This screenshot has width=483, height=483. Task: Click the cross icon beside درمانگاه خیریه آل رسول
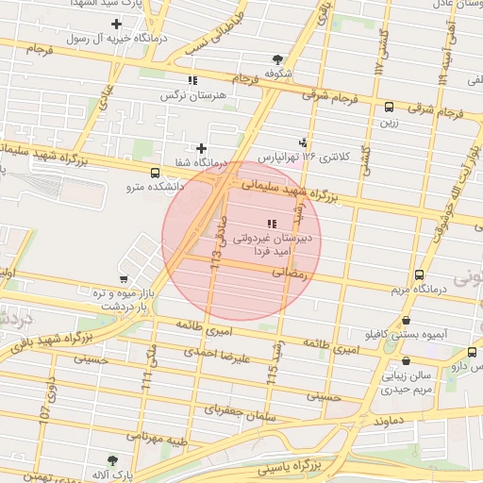point(117,24)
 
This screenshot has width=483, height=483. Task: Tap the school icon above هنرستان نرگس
point(193,81)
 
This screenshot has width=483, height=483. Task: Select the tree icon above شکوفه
point(276,58)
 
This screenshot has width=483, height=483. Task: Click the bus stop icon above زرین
point(389,108)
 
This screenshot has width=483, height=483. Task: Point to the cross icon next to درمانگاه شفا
point(201,148)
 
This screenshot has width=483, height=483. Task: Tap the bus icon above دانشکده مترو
point(154,173)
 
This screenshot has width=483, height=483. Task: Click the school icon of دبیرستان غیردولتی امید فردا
point(273,224)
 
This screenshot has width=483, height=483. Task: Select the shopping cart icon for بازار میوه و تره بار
point(124,279)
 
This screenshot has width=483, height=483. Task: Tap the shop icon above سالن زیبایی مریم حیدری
point(407,360)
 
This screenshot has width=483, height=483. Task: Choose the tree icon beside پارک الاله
point(114,459)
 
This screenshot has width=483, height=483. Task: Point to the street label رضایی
point(291,272)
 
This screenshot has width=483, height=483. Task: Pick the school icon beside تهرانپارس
point(302,135)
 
